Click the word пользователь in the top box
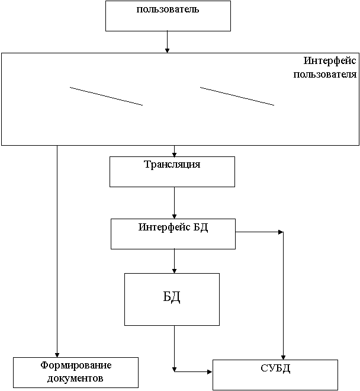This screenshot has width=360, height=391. [x=168, y=9]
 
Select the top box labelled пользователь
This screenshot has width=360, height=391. [x=168, y=21]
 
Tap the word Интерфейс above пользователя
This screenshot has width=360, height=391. [x=330, y=61]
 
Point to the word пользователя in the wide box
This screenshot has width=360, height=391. [x=325, y=75]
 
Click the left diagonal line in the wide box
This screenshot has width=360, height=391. [x=107, y=96]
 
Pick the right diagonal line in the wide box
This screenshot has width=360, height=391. [x=237, y=96]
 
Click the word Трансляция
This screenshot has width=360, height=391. [x=172, y=164]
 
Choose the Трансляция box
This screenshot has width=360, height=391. [x=172, y=177]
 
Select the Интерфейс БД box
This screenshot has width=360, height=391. [x=173, y=240]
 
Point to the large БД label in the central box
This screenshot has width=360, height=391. [x=172, y=297]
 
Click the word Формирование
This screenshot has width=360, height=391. [x=76, y=365]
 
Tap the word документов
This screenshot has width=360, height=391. [x=76, y=377]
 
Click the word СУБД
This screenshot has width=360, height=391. [x=275, y=369]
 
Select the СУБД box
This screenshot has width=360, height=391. [x=275, y=382]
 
